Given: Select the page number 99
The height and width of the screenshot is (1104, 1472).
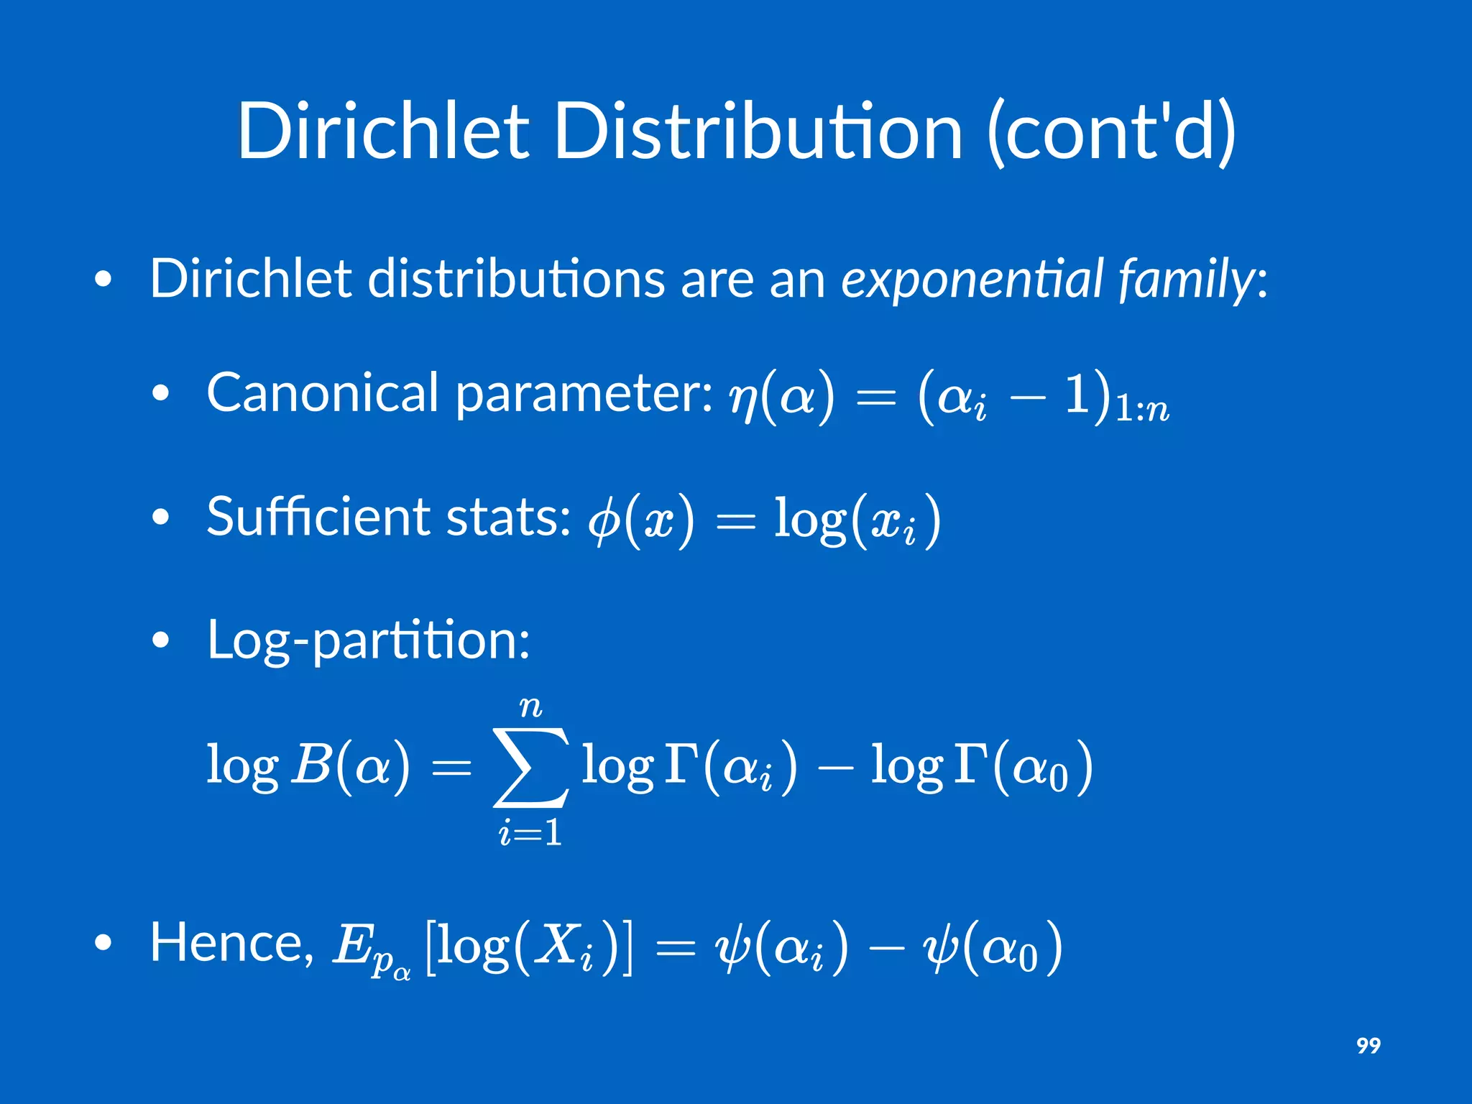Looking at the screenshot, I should click(x=1368, y=1045).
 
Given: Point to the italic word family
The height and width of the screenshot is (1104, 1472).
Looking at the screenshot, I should click(x=1186, y=280).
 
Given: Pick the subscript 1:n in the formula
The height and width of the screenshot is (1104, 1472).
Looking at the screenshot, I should click(x=1142, y=410).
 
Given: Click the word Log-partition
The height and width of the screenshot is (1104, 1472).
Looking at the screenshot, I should click(x=368, y=639).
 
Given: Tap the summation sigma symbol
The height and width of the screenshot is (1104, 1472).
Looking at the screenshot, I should click(x=531, y=768).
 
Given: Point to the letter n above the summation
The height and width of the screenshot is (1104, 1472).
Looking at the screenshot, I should click(x=531, y=707).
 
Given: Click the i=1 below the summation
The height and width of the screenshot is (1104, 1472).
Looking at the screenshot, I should click(x=530, y=833).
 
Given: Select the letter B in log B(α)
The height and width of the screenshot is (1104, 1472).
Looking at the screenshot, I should click(x=310, y=765).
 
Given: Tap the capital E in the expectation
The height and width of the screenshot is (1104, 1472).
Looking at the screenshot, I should click(x=351, y=945).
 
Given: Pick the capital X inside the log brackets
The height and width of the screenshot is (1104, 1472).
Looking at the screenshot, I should click(x=557, y=944).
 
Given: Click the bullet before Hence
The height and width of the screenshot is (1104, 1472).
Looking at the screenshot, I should click(x=103, y=944).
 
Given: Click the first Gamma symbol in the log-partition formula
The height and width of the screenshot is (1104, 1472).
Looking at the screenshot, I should click(x=680, y=763).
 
